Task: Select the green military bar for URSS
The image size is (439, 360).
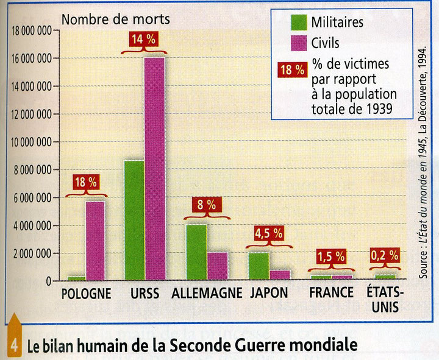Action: [134, 220]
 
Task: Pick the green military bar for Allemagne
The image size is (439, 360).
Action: [196, 252]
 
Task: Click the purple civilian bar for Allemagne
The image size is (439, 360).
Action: [217, 266]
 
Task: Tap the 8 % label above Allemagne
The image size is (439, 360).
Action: [206, 205]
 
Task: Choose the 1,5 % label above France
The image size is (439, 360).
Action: [331, 256]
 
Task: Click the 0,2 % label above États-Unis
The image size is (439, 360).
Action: [385, 256]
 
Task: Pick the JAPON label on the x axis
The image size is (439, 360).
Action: [269, 294]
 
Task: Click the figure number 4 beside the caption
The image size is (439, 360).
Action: [13, 345]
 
